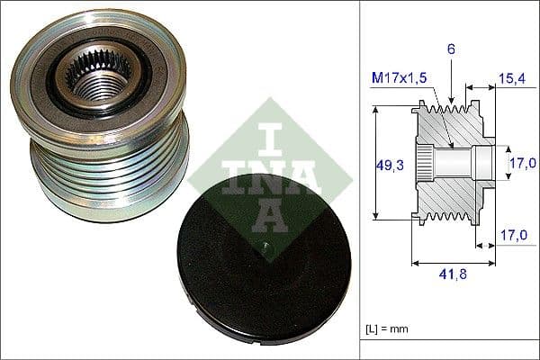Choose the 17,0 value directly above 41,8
pos(510,236)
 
